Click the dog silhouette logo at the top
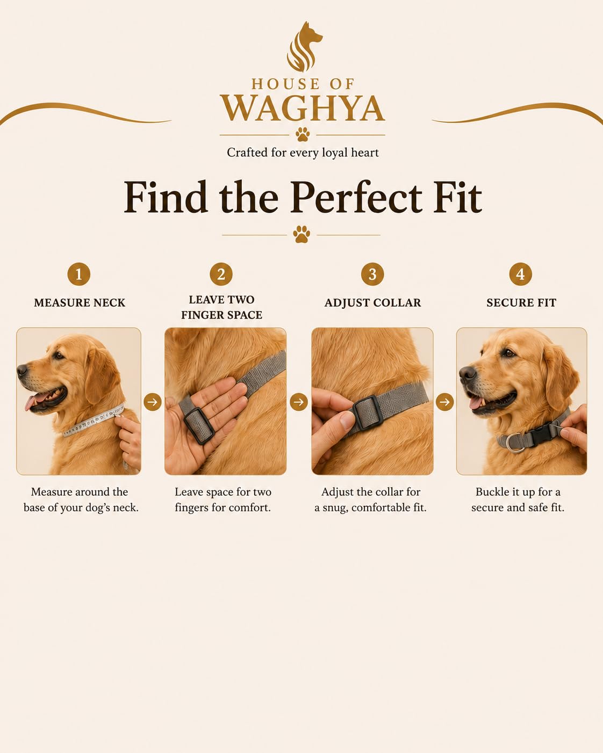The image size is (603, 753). (304, 47)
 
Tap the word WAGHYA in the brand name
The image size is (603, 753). (303, 108)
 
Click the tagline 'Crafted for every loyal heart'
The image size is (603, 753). (303, 153)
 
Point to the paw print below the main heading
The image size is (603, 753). (301, 234)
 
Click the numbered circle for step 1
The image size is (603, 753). (79, 274)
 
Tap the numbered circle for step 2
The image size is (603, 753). (221, 274)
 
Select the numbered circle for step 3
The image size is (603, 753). (372, 274)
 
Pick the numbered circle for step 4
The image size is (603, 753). (521, 274)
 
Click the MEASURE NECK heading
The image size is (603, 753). (80, 303)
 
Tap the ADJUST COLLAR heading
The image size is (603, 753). (372, 303)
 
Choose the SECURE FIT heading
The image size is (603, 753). (521, 303)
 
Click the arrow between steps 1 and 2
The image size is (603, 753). (152, 402)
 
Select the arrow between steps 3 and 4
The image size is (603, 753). (444, 402)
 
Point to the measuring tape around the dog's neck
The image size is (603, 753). (93, 421)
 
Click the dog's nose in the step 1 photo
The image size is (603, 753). (21, 370)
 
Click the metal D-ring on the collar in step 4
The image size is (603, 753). (516, 443)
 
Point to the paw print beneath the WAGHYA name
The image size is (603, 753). (303, 134)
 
